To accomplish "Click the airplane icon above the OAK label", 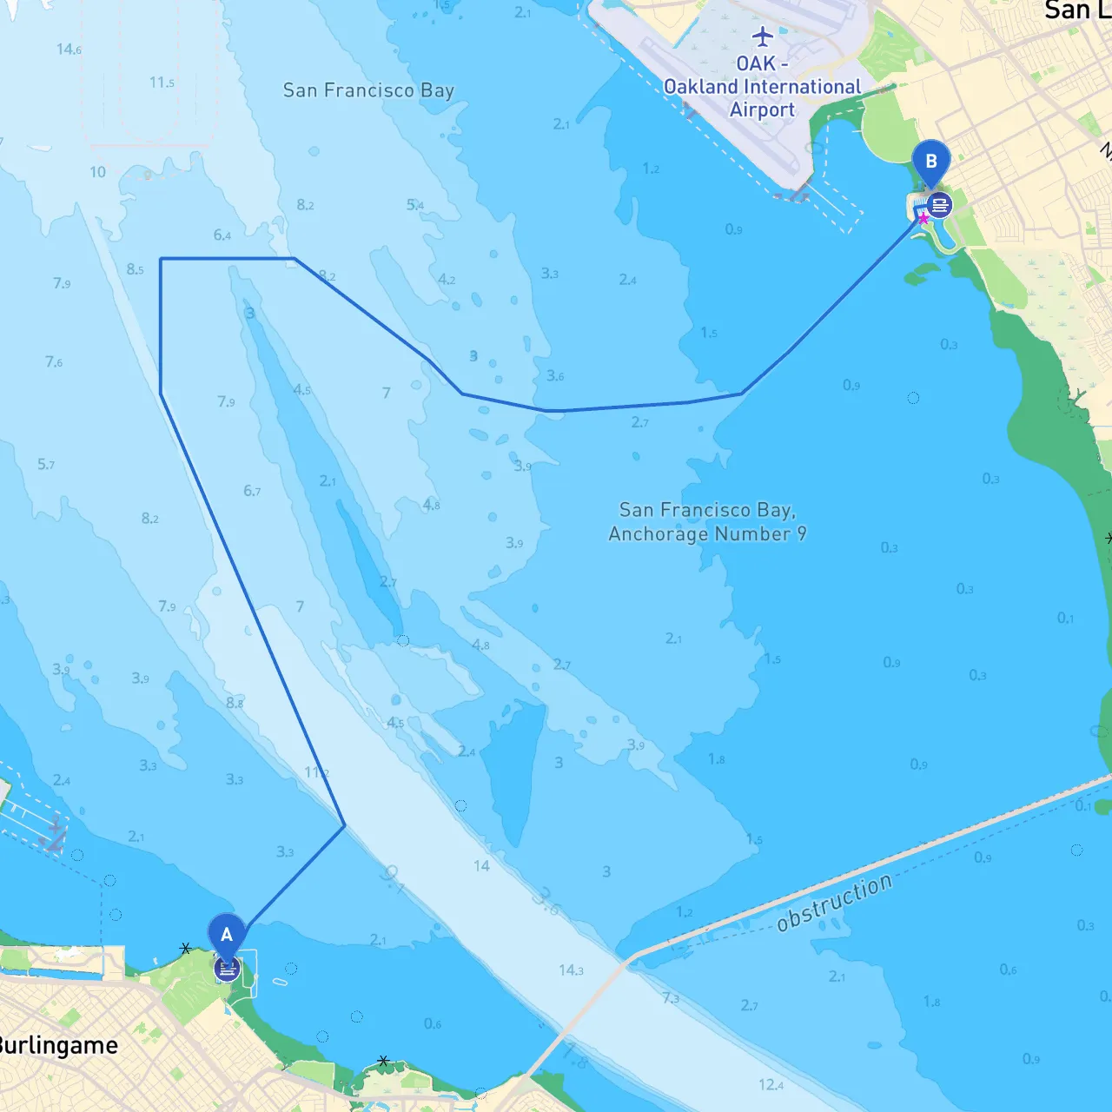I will [x=762, y=36].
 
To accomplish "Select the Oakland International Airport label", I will [x=762, y=87].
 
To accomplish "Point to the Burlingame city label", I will [x=57, y=1045].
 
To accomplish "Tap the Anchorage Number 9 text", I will [x=707, y=533].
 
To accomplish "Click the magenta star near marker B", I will [x=923, y=219].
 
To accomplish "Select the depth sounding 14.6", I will [x=69, y=50].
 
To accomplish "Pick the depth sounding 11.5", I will [x=162, y=83].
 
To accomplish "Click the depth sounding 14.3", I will [x=571, y=970].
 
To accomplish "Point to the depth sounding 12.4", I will [x=771, y=1084].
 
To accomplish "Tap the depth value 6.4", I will [x=222, y=235].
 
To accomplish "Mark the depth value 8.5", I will [x=135, y=269].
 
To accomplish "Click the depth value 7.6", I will [x=54, y=361].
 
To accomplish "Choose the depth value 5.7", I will [x=46, y=465].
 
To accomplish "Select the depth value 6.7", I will [x=252, y=491].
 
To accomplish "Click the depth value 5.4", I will [x=415, y=205].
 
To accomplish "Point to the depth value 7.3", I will [x=671, y=998].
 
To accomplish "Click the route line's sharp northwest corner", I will [x=162, y=259].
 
